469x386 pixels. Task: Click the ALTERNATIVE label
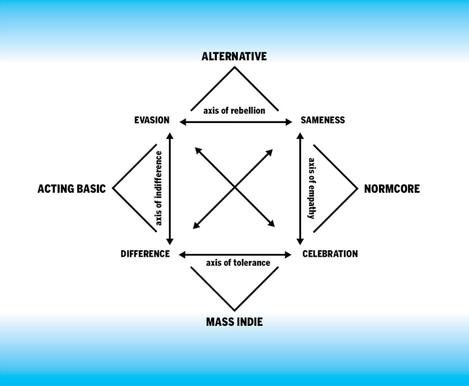(234, 56)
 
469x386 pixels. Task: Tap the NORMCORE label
(392, 189)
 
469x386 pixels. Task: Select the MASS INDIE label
(234, 322)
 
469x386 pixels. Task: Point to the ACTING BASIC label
(72, 189)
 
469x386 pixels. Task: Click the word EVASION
(151, 120)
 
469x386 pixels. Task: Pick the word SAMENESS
(323, 120)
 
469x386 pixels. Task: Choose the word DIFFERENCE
(145, 254)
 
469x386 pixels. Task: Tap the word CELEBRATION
(330, 254)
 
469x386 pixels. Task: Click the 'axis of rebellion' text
(234, 110)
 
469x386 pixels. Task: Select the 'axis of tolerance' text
(238, 263)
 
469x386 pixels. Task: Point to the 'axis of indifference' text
(158, 188)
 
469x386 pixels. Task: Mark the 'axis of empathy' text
(311, 188)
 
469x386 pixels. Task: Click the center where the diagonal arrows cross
(234, 188)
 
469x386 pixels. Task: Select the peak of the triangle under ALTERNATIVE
(234, 66)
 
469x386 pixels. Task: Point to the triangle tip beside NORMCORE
(358, 188)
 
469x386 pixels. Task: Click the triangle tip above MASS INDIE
(234, 310)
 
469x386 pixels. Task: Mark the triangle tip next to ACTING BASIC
(113, 188)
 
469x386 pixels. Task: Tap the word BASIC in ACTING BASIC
(91, 189)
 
